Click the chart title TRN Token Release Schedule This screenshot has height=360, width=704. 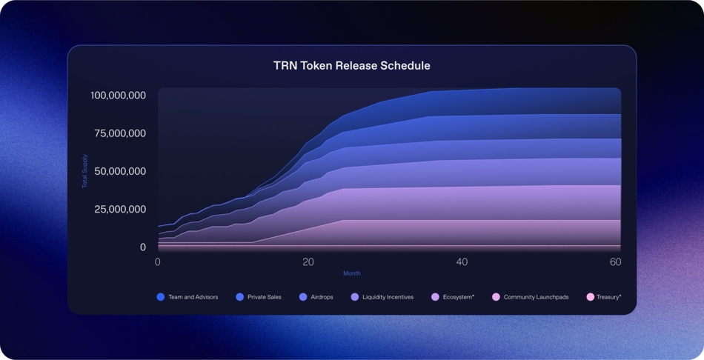tap(351, 65)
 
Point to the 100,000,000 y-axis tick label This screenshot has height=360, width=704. tap(118, 96)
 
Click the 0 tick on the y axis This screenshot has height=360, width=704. tap(142, 247)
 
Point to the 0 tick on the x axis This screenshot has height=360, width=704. tap(158, 262)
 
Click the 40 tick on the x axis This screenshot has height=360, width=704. tap(462, 262)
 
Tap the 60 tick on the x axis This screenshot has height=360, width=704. tap(615, 262)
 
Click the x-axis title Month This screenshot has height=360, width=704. tap(352, 273)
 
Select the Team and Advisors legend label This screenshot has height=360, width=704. tap(192, 297)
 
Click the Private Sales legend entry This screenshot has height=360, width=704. tap(264, 297)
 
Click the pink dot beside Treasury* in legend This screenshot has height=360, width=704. tap(591, 297)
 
